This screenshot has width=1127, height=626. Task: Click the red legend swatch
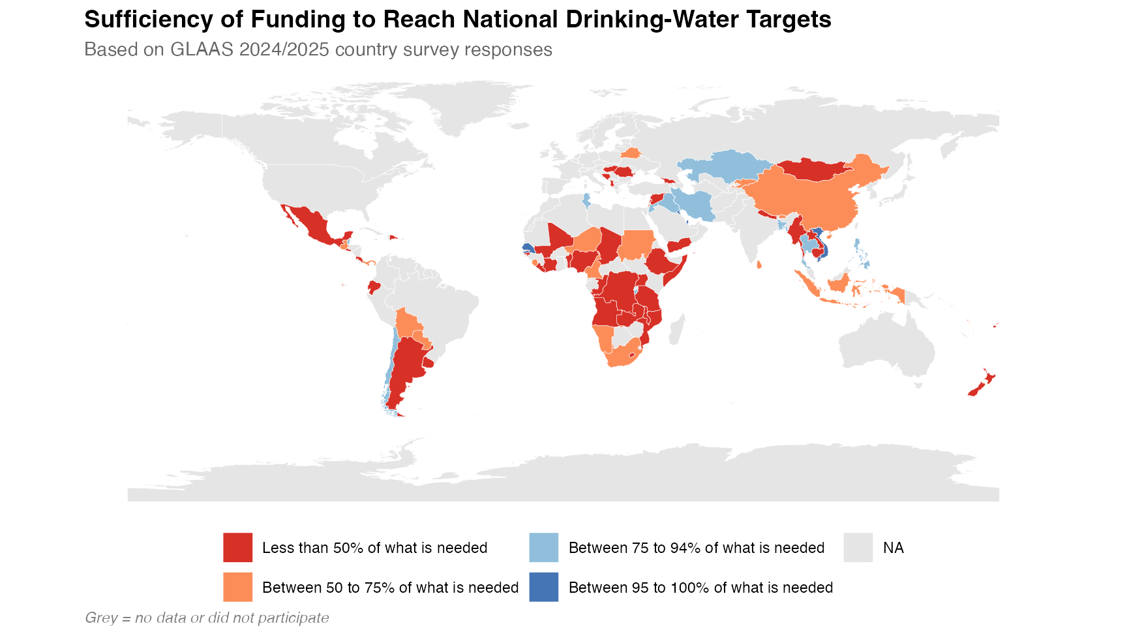click(x=237, y=547)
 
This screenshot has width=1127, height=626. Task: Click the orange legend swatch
click(x=237, y=587)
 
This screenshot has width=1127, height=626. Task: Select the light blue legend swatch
click(x=543, y=547)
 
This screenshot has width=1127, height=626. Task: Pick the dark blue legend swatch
click(x=543, y=587)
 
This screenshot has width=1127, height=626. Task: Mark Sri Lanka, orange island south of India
click(x=759, y=265)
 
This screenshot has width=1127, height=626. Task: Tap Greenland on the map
click(x=457, y=104)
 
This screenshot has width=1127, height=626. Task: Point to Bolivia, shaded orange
click(x=408, y=323)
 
